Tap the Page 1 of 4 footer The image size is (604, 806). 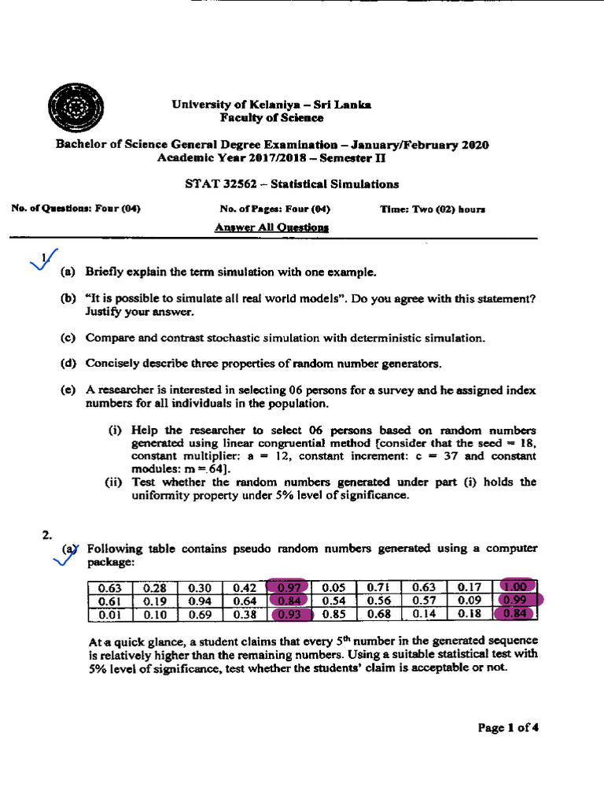point(508,727)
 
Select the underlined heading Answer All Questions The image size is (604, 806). point(271,227)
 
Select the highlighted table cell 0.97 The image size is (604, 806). point(289,586)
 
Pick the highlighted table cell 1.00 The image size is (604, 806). point(518,586)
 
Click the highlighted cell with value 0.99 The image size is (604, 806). point(519,601)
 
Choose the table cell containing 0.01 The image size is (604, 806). point(109,614)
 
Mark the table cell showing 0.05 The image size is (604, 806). point(334,586)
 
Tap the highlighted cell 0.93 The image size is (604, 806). point(289,614)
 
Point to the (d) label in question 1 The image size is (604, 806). point(68,364)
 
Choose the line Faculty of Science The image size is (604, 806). point(271,117)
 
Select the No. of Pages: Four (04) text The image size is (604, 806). point(274,209)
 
